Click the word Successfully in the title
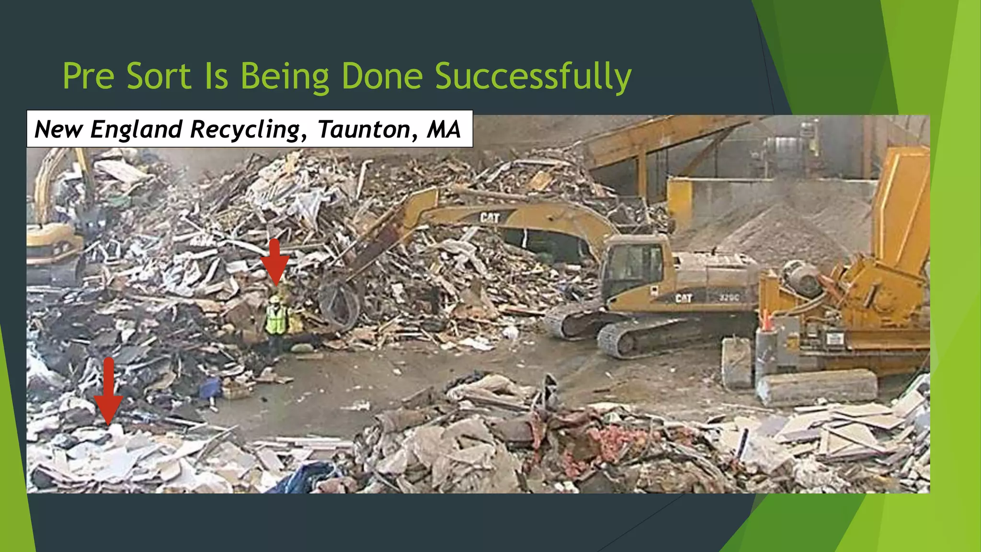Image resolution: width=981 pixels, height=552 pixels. (533, 77)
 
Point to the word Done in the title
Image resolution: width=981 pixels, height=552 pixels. (382, 77)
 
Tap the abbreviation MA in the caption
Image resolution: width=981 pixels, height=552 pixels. (444, 129)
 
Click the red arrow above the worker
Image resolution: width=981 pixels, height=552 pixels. (274, 261)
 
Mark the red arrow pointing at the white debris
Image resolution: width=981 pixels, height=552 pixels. (108, 391)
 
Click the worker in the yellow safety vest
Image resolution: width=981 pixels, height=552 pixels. (276, 319)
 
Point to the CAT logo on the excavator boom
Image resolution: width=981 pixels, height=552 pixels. (490, 218)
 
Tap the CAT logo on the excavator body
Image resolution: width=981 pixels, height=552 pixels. (684, 298)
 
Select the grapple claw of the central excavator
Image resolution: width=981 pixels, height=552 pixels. (339, 302)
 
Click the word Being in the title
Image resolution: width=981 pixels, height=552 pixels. (284, 77)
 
